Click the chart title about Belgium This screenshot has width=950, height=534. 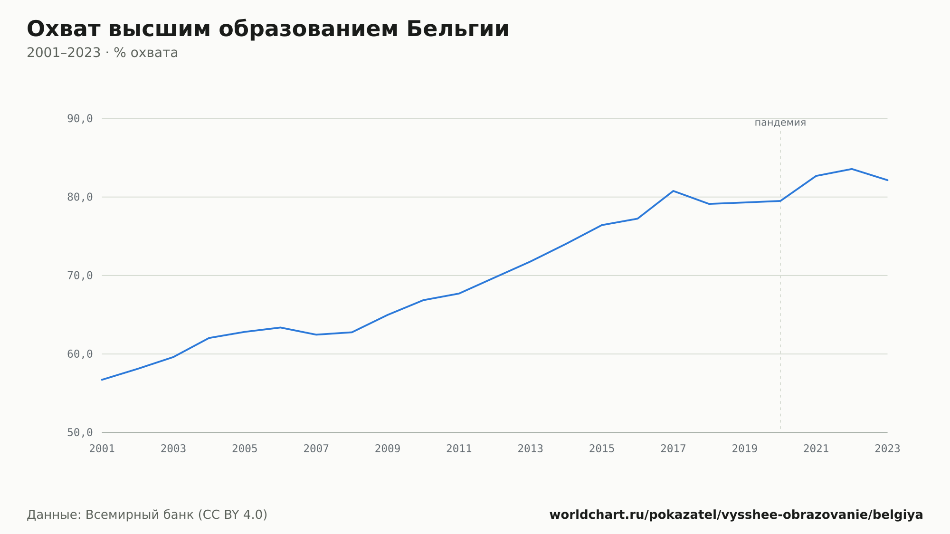[268, 29]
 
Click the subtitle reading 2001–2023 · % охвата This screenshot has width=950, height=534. [102, 53]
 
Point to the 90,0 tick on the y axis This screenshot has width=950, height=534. [80, 119]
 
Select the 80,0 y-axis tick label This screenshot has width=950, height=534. [80, 197]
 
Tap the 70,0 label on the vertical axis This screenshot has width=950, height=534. [80, 276]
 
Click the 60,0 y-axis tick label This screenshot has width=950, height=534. [80, 354]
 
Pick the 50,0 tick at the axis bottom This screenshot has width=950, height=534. [80, 432]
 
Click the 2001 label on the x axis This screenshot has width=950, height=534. [102, 449]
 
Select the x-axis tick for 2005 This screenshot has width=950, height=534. [245, 449]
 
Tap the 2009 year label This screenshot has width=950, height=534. [388, 449]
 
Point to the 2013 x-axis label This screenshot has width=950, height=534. [531, 449]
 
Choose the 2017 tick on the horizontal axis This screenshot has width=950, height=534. [673, 449]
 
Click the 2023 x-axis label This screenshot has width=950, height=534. [887, 449]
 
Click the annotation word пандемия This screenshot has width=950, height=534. [780, 123]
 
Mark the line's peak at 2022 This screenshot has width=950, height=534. [852, 169]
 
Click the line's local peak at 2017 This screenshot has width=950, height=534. [673, 191]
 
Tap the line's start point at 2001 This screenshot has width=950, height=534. [102, 380]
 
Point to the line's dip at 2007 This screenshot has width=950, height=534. [316, 334]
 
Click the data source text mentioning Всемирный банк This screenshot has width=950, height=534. [147, 515]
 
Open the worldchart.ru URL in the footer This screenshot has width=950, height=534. [736, 515]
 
